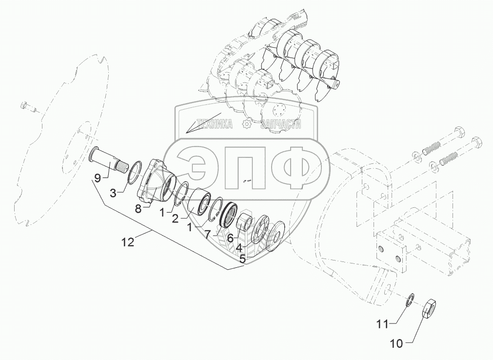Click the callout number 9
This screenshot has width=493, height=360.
98,178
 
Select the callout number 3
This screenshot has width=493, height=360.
113,193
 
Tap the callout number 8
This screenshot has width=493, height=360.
138,209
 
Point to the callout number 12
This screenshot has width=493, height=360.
128,242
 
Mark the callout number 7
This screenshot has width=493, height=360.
208,235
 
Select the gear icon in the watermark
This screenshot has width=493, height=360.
247,124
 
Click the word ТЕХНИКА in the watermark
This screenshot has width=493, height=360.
214,124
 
